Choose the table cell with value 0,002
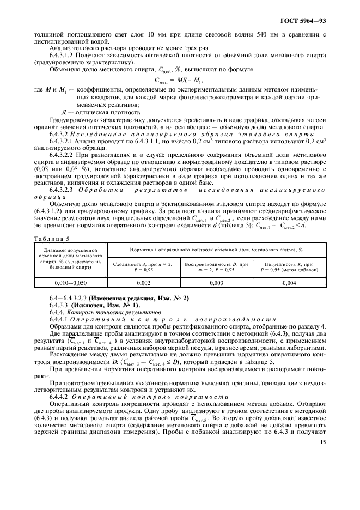click(x=143, y=283)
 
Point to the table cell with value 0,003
click(x=217, y=283)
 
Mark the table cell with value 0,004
click(x=290, y=283)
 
